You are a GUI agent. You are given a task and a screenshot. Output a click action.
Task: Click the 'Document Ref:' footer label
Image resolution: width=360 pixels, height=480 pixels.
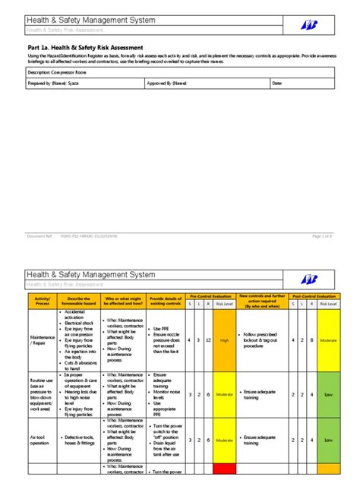[x=39, y=237]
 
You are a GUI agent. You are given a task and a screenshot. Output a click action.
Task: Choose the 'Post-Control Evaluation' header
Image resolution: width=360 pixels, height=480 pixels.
[x=314, y=295]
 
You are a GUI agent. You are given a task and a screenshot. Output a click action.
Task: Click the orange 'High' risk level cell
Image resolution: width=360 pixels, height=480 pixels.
[x=225, y=341]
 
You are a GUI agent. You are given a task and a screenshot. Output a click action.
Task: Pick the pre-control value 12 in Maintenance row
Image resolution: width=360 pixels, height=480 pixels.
[x=207, y=341]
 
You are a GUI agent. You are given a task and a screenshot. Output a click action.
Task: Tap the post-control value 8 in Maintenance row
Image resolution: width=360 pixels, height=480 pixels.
[x=311, y=341]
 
